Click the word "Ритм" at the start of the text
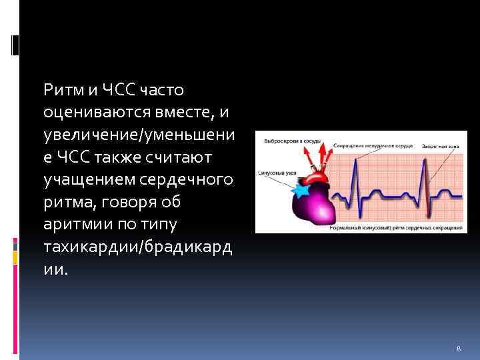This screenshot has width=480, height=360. tap(59, 89)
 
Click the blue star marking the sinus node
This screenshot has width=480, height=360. tap(301, 189)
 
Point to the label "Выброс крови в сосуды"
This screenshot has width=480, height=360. tap(293, 141)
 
